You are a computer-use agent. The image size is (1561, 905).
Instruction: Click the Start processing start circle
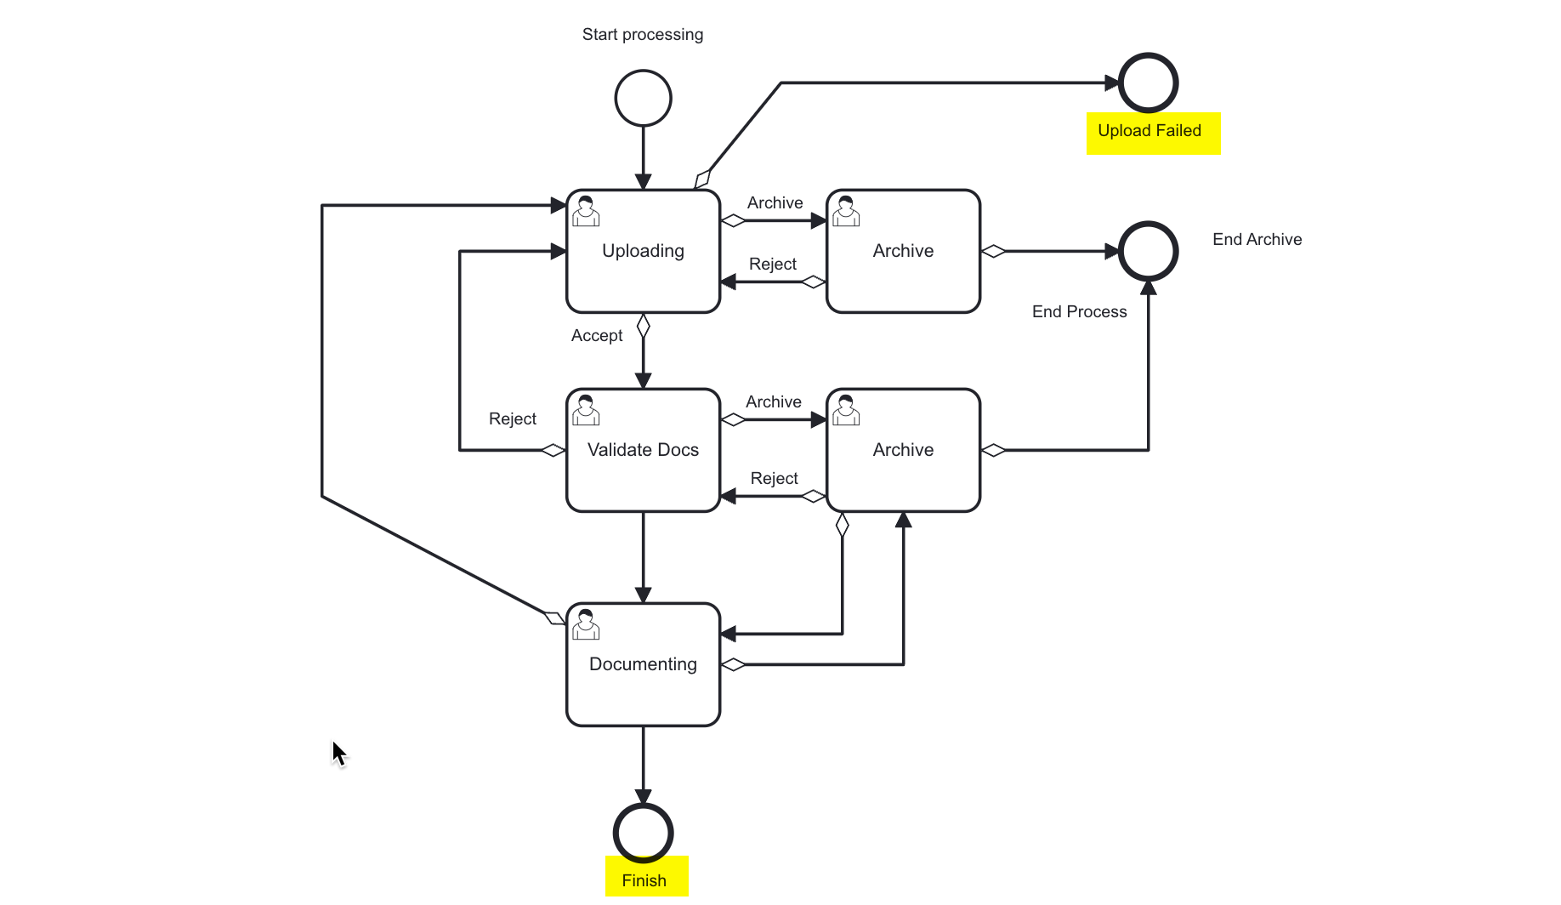tap(643, 98)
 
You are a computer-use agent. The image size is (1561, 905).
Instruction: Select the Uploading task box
tap(643, 251)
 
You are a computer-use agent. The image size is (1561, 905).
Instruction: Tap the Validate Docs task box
tap(643, 450)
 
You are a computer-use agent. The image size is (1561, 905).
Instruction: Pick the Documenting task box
tap(643, 664)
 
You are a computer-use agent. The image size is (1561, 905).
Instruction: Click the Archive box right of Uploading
tap(903, 251)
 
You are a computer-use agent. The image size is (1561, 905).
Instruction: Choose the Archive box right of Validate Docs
tap(903, 450)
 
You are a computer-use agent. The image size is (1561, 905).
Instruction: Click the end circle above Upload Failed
tap(1148, 83)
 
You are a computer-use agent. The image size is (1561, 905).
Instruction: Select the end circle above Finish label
tap(643, 833)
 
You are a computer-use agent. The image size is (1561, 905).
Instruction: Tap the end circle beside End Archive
tap(1148, 251)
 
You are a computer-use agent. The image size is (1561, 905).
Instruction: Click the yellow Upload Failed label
tap(1152, 132)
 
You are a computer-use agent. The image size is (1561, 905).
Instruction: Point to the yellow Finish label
tap(645, 877)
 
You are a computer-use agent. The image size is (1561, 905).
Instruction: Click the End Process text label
tap(1079, 312)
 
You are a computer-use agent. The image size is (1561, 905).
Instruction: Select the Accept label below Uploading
tap(597, 336)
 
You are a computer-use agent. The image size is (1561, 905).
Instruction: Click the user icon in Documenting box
tap(586, 624)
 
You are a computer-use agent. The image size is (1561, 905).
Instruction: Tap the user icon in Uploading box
tap(586, 211)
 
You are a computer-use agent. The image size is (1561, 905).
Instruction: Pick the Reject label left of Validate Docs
tap(513, 419)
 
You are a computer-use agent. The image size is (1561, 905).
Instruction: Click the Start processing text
tap(643, 35)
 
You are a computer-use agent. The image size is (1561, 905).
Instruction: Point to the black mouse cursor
tap(338, 753)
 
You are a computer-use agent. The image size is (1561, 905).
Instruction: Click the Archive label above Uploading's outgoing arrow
tap(775, 203)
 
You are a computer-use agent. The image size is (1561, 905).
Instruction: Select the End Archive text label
tap(1257, 240)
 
